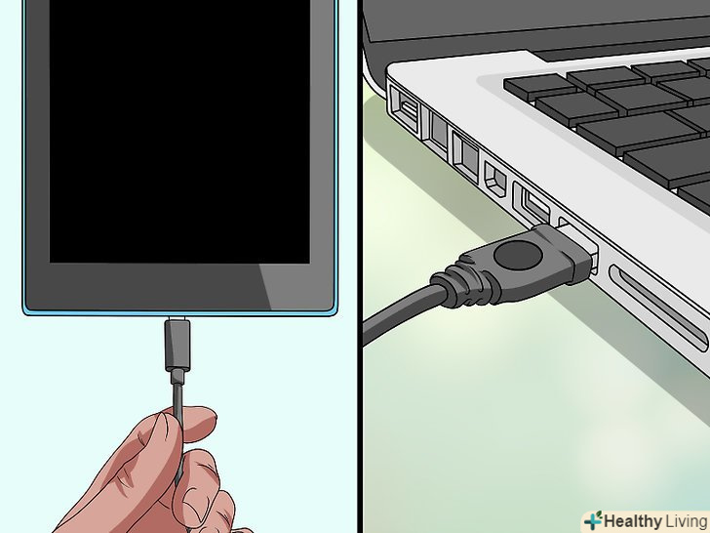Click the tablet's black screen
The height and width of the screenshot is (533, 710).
pyautogui.click(x=179, y=132)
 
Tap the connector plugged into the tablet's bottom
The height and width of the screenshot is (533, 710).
pyautogui.click(x=177, y=345)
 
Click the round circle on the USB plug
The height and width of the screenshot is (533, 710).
pyautogui.click(x=518, y=255)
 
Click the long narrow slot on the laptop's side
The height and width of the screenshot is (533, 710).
pyautogui.click(x=659, y=308)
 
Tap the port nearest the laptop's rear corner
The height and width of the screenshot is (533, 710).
pyautogui.click(x=404, y=109)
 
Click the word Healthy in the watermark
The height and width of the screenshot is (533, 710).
pyautogui.click(x=633, y=521)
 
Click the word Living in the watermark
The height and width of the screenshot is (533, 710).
pyautogui.click(x=687, y=521)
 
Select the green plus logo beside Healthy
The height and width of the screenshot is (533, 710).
pyautogui.click(x=593, y=520)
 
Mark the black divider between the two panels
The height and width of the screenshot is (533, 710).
pyautogui.click(x=360, y=266)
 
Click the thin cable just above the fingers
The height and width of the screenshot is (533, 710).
pyautogui.click(x=178, y=393)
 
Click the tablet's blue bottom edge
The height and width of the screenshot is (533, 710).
pyautogui.click(x=179, y=312)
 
